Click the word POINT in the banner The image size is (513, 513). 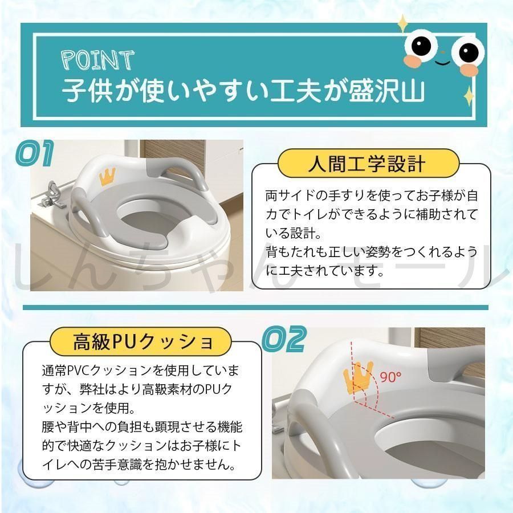pos(98,60)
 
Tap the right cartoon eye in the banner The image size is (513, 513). pos(468,51)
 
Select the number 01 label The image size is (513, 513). pos(35,153)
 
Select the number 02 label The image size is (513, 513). pos(284,339)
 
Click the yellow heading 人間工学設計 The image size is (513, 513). pos(368,164)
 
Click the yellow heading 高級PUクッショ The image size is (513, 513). pos(141,341)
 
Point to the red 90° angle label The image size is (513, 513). pos(390,377)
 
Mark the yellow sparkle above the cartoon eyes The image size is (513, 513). pos(403,23)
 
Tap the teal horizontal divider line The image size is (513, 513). pos(255,308)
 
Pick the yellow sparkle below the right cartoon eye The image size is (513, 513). pos(470,96)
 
